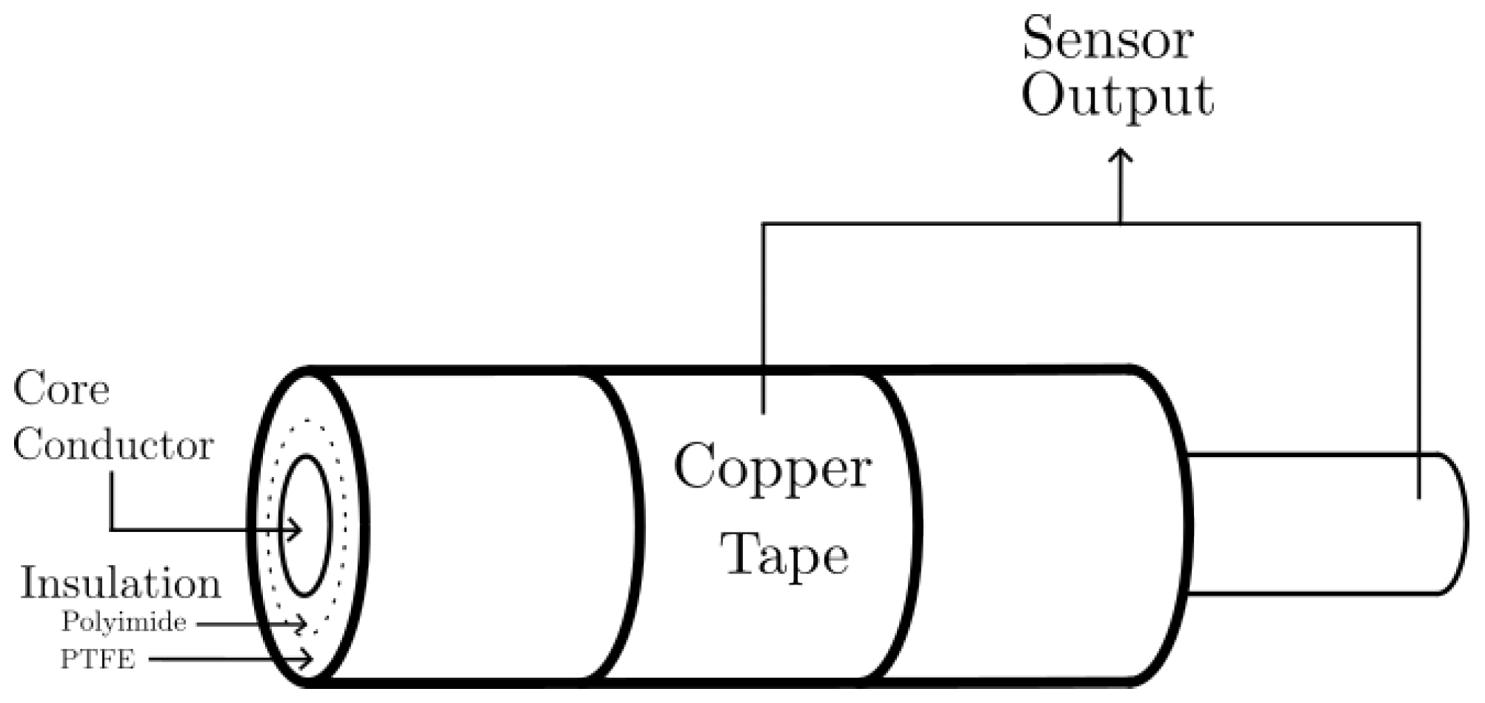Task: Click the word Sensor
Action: pyautogui.click(x=1107, y=40)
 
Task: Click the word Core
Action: pyautogui.click(x=61, y=390)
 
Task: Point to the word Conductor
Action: pyautogui.click(x=113, y=446)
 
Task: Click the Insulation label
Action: pyautogui.click(x=121, y=584)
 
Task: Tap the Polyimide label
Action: pyautogui.click(x=124, y=622)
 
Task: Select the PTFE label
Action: pyautogui.click(x=98, y=659)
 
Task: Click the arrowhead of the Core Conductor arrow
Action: pyautogui.click(x=297, y=530)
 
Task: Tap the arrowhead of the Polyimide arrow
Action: pyautogui.click(x=301, y=624)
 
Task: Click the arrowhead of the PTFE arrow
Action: pyautogui.click(x=307, y=659)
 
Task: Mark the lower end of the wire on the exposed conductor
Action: pyautogui.click(x=1419, y=497)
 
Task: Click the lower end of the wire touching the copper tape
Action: pyautogui.click(x=764, y=411)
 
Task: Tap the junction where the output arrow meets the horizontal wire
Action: pyautogui.click(x=1120, y=223)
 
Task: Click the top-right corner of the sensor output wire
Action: pyautogui.click(x=1419, y=223)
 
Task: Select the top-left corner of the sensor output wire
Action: pyautogui.click(x=764, y=223)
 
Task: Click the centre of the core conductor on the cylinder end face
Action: pyautogui.click(x=304, y=525)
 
